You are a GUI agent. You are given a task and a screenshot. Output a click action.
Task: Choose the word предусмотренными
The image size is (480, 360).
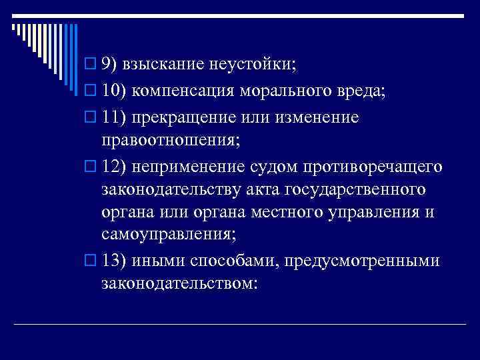[362, 261]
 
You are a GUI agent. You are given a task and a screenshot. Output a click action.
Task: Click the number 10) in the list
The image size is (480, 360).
[115, 91]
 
